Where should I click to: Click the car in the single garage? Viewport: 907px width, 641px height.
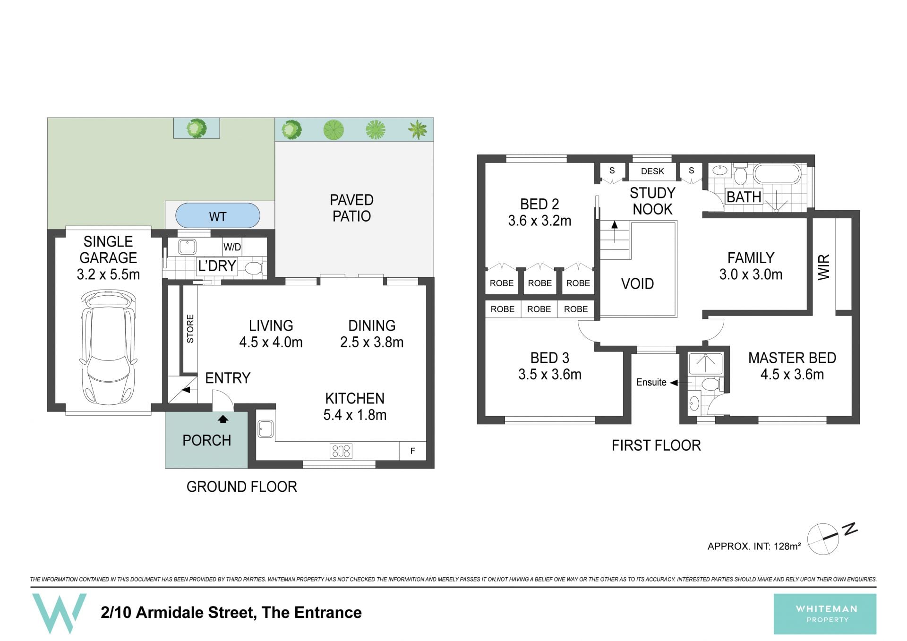pos(108,346)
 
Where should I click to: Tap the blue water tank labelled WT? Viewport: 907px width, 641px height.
pos(218,216)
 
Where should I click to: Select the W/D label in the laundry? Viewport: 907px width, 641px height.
pos(232,247)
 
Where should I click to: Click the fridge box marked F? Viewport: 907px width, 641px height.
pos(412,451)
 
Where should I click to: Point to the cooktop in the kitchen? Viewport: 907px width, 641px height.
pos(341,451)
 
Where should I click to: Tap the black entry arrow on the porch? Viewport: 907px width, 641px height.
pos(222,419)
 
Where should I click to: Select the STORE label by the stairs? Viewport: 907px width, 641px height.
pos(190,329)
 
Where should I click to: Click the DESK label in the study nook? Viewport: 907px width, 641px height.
pos(652,171)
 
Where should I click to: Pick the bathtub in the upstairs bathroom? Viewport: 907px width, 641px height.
pos(777,174)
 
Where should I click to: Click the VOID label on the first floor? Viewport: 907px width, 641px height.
pos(637,283)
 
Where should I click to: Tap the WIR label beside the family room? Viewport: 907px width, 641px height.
pos(823,267)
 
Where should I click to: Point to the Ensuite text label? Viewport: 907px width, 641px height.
pos(651,382)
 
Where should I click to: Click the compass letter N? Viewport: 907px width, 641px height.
pos(850,529)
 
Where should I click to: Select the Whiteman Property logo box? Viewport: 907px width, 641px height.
pos(825,614)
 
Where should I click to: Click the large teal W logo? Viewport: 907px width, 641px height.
pos(59,613)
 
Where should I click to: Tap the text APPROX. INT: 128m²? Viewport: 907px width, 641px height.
pos(754,546)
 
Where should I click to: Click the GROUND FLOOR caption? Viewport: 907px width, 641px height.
pos(241,487)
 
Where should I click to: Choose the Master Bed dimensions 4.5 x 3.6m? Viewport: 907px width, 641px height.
pos(792,375)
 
